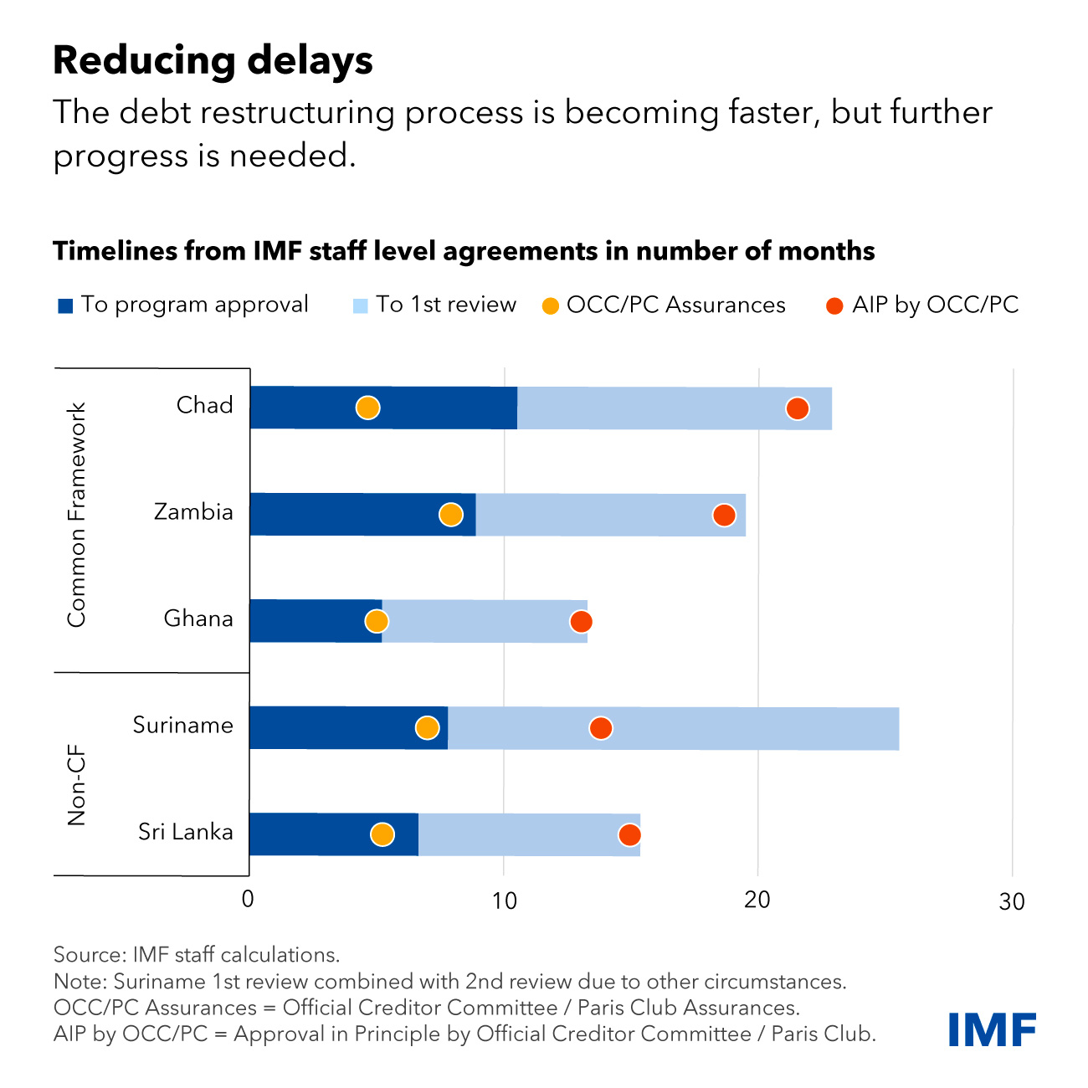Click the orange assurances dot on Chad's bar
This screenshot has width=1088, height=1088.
[x=367, y=408]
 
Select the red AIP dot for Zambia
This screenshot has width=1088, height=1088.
[x=724, y=515]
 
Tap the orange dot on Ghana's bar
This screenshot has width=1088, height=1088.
[x=377, y=621]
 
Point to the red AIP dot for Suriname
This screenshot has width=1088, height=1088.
[x=600, y=728]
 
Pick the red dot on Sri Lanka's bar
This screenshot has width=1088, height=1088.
[x=629, y=834]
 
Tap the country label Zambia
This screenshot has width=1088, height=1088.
[x=193, y=511]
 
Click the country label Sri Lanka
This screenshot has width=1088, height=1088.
[x=185, y=832]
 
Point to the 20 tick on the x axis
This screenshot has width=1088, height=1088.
[x=757, y=900]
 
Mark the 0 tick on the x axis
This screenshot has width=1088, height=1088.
[x=248, y=900]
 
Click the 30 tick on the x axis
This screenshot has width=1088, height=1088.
[x=1012, y=901]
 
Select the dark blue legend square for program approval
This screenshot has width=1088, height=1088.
[x=65, y=305]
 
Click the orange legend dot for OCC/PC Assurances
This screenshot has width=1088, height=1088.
[x=550, y=306]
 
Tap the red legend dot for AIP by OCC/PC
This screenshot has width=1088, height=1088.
[x=834, y=306]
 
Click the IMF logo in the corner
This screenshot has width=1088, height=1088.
[x=992, y=1029]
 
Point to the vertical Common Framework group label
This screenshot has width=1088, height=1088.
[x=77, y=515]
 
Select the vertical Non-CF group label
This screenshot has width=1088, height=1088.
[x=77, y=785]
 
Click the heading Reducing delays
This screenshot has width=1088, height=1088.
[x=213, y=60]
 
